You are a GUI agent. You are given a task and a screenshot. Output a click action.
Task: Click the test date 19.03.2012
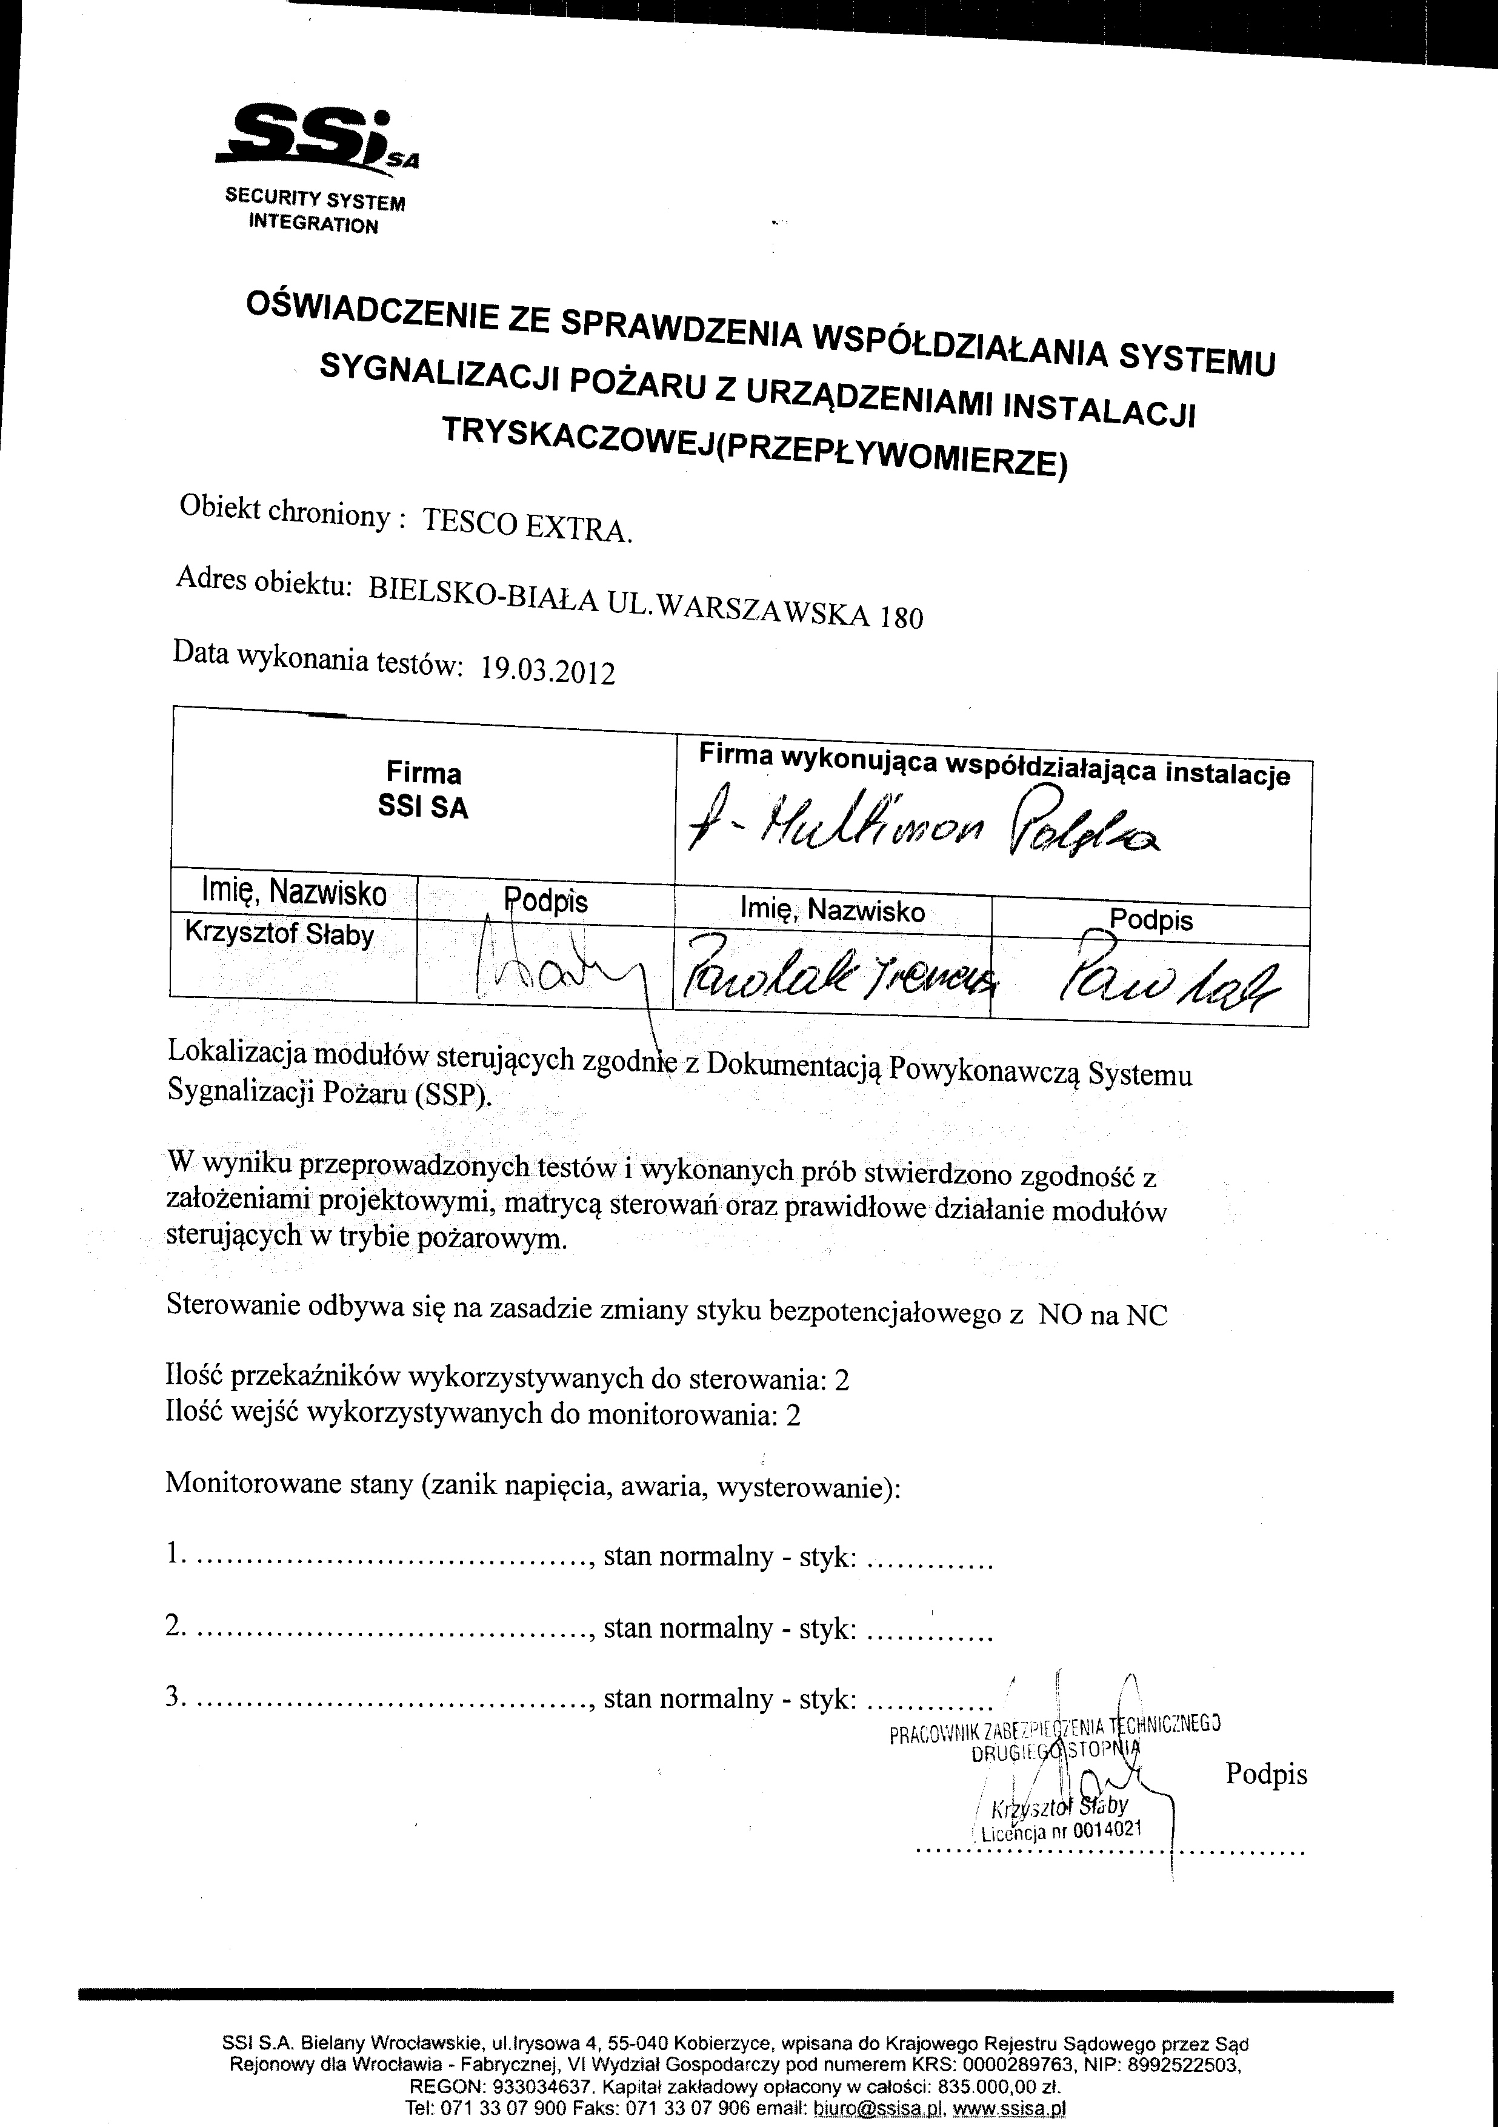click(x=547, y=669)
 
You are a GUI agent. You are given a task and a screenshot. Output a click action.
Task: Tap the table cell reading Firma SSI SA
click(x=423, y=790)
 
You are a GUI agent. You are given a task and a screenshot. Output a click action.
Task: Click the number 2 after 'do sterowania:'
click(x=841, y=1381)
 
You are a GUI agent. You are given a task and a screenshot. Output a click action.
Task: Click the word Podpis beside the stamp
click(x=1266, y=1774)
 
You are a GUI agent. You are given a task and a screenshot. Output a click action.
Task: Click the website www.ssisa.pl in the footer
click(x=1010, y=2108)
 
